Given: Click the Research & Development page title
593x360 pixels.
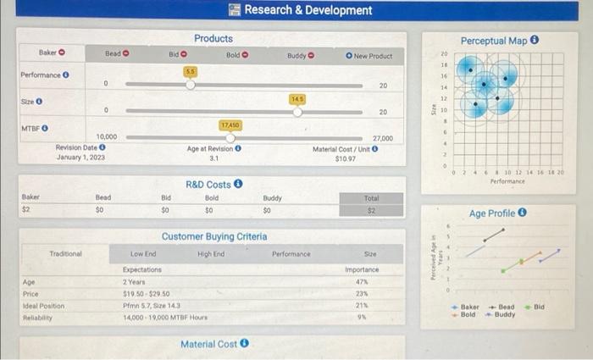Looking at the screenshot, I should pyautogui.click(x=308, y=10).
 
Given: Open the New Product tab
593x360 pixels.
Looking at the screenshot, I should pyautogui.click(x=369, y=56).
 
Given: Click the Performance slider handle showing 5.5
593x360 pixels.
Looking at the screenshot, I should pyautogui.click(x=191, y=85).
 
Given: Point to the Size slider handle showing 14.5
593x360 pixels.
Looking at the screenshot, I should pyautogui.click(x=297, y=111).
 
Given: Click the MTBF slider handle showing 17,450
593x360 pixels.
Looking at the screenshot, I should pyautogui.click(x=230, y=137).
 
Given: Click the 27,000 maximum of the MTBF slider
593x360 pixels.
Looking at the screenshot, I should pyautogui.click(x=382, y=137).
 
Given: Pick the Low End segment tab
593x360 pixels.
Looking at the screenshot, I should pyautogui.click(x=143, y=253).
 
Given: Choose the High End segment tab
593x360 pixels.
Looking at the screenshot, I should pyautogui.click(x=210, y=253).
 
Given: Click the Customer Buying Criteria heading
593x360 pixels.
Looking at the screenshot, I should pyautogui.click(x=214, y=236).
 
